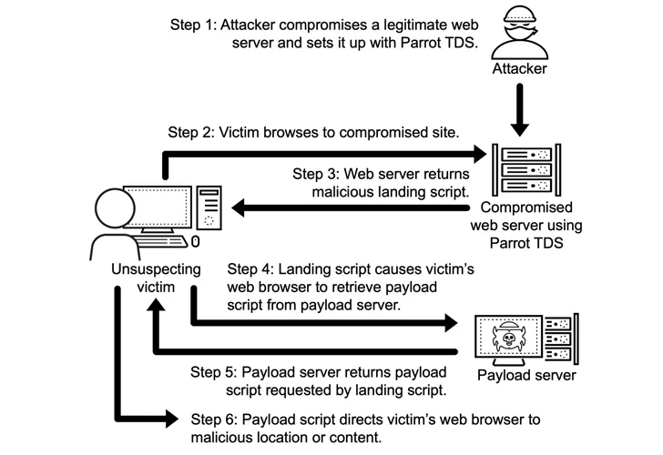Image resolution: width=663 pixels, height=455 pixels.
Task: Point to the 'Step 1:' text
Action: pyautogui.click(x=192, y=24)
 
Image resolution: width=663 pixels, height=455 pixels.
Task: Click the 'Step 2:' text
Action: pyautogui.click(x=190, y=133)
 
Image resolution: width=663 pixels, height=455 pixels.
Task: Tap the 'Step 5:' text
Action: pyautogui.click(x=213, y=372)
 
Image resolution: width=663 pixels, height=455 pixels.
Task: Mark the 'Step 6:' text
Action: pyautogui.click(x=214, y=420)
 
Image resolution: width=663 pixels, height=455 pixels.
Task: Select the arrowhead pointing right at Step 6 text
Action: pyautogui.click(x=170, y=419)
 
